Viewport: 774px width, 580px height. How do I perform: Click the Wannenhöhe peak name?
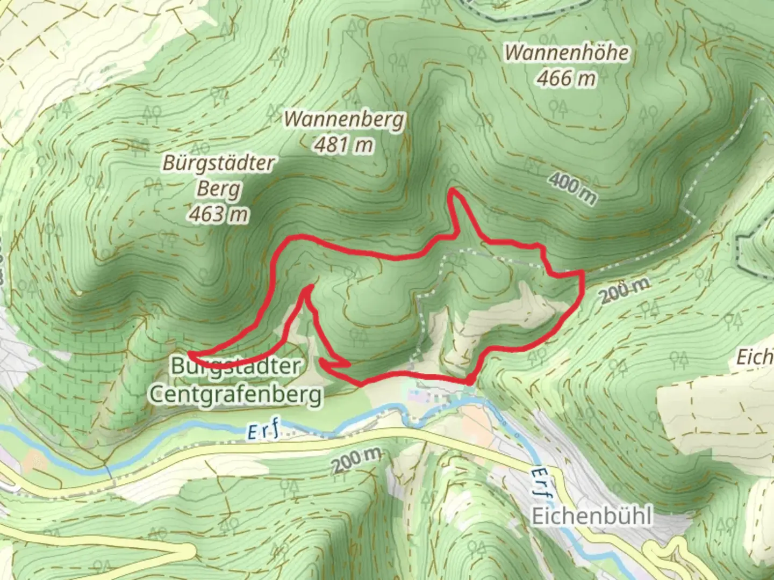(x=567, y=53)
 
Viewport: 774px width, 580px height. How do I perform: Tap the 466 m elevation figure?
(x=567, y=78)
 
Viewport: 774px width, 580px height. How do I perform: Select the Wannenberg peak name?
(x=344, y=119)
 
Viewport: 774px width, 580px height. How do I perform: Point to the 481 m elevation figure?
(x=344, y=144)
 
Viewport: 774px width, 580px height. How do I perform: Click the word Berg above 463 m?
(x=219, y=189)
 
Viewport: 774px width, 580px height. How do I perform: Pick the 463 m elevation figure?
(x=219, y=214)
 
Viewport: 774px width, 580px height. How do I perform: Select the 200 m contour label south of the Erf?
(x=356, y=460)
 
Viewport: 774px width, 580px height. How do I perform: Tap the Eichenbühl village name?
(x=592, y=517)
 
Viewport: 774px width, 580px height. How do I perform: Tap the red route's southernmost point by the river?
(x=470, y=382)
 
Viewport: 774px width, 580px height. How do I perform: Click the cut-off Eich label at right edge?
(x=755, y=357)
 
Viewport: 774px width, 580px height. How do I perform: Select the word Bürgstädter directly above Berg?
(x=219, y=163)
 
